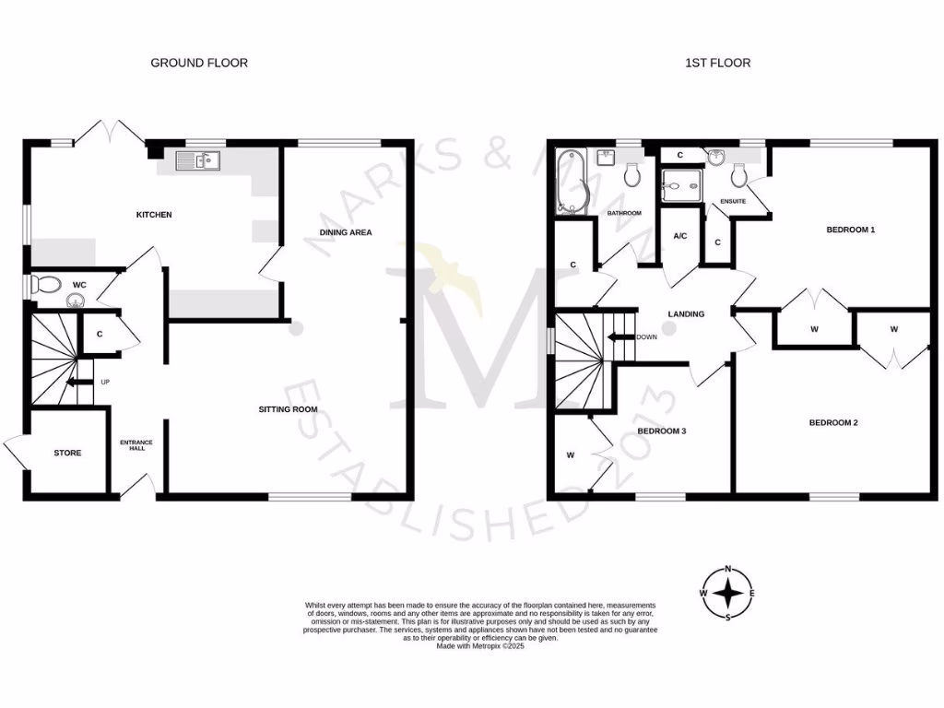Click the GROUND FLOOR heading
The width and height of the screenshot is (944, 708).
(x=200, y=63)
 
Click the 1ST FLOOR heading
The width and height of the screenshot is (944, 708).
(x=717, y=63)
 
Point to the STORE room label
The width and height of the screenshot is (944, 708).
(x=67, y=453)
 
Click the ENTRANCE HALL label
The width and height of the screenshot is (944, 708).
(x=136, y=445)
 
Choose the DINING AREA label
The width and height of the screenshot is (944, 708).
(x=346, y=232)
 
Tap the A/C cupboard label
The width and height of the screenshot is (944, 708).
(x=680, y=236)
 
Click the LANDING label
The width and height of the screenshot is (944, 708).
(x=686, y=314)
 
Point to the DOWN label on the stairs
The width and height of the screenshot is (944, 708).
(x=646, y=336)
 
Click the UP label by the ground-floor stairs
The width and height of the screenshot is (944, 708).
(x=105, y=382)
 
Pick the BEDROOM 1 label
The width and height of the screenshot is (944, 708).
(x=850, y=230)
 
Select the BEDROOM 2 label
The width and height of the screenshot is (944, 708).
(x=833, y=423)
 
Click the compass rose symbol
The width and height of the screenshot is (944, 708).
(x=728, y=593)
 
